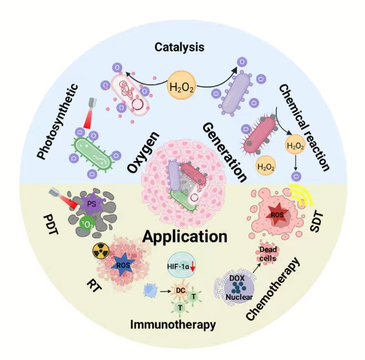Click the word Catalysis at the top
coord(180,47)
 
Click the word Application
coord(185,236)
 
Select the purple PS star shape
coord(89,206)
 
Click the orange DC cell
coord(181,289)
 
